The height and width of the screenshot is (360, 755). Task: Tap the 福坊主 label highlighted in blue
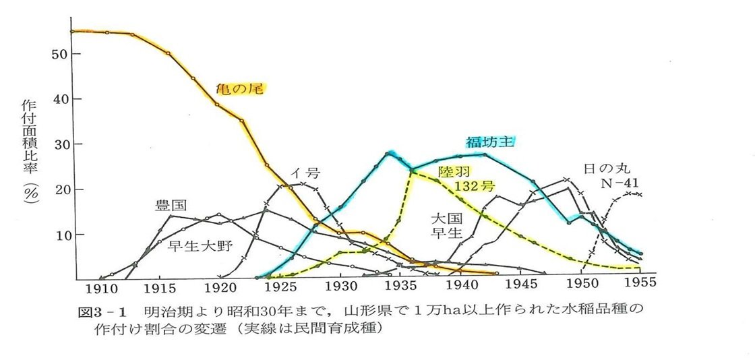pyautogui.click(x=491, y=142)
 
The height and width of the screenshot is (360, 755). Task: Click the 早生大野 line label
pyautogui.click(x=200, y=245)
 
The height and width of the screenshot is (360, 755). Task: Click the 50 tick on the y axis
pyautogui.click(x=59, y=54)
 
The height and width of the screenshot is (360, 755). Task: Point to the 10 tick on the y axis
pyautogui.click(x=59, y=235)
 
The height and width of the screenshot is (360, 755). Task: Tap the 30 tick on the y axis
pyautogui.click(x=59, y=144)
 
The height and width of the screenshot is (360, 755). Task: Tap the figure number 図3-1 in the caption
pyautogui.click(x=100, y=312)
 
